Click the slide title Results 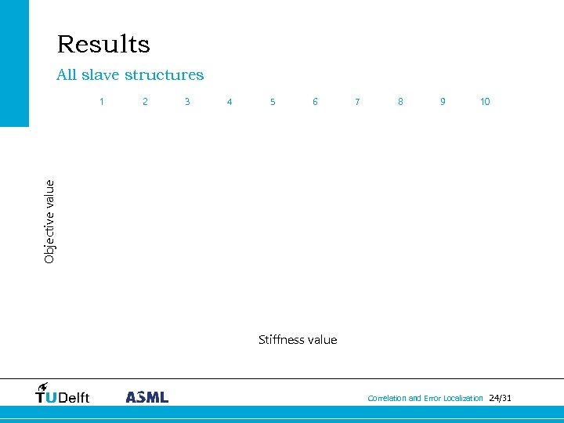point(103,44)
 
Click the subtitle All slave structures point(130,75)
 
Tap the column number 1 point(102,101)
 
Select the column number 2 point(145,101)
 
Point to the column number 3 point(187,101)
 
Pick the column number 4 point(230,101)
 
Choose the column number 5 point(273,101)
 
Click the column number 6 point(315,101)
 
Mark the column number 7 point(357,101)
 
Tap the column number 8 point(400,101)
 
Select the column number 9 point(443,101)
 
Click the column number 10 point(485,101)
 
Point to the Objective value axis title point(49,222)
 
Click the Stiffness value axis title point(298,339)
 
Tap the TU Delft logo point(63,393)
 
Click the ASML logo point(147,396)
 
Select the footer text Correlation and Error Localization point(425,399)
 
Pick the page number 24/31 point(500,398)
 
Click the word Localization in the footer point(463,399)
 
